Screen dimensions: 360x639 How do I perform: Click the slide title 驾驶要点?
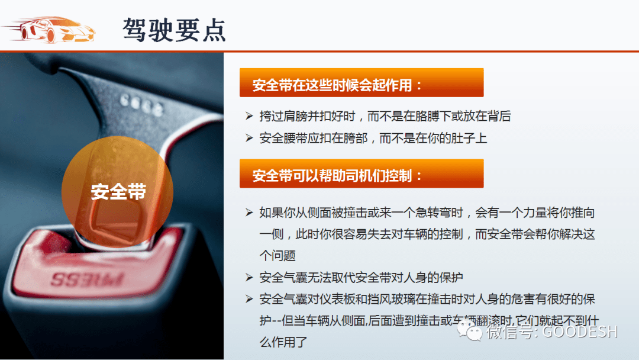point(175,28)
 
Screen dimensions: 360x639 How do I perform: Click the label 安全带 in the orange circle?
point(118,191)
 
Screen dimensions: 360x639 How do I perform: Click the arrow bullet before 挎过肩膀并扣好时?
point(249,116)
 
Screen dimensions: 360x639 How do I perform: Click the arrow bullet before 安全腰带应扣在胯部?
point(249,138)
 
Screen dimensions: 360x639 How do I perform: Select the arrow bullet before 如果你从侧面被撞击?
point(249,212)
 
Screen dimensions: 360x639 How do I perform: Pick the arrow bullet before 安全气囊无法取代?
point(249,277)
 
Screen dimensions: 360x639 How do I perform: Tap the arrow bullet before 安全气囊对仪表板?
point(249,298)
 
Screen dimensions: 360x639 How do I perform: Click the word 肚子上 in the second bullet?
point(470,138)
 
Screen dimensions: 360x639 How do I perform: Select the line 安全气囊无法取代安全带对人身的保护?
point(361,277)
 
